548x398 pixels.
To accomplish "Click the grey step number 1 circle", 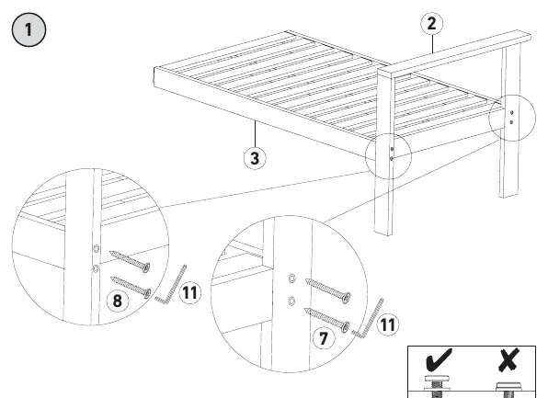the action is (x=29, y=29).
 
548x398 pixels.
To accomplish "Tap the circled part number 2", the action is (x=431, y=23).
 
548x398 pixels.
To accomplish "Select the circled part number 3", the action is (x=255, y=157).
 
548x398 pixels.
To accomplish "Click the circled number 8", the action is (x=117, y=301).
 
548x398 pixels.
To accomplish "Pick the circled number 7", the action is (x=324, y=338).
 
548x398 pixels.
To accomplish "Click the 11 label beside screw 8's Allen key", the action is (x=190, y=292).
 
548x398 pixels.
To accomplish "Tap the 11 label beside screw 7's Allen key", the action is (x=388, y=324).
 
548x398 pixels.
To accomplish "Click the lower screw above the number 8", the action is (x=131, y=287).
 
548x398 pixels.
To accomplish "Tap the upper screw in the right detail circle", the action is (x=328, y=290).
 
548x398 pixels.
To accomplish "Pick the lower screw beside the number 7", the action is (x=326, y=320).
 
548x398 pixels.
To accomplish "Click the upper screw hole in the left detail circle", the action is (x=96, y=249).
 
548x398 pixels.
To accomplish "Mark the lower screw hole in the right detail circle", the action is (x=291, y=301).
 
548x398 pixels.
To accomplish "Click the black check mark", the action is (x=439, y=358).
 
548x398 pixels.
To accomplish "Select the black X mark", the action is (x=508, y=359).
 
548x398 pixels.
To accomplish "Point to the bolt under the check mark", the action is (x=437, y=386).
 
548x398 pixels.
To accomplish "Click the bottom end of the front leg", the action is (x=383, y=232).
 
